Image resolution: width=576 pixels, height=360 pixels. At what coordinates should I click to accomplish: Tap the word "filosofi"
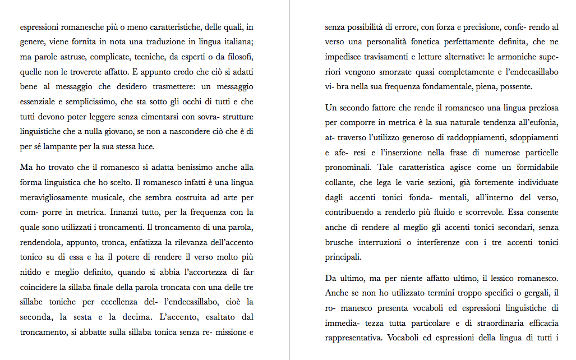pyautogui.click(x=237, y=57)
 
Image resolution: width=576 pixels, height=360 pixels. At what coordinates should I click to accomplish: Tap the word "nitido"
pyautogui.click(x=31, y=273)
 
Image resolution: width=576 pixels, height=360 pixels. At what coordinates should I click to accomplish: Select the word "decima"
pyautogui.click(x=133, y=318)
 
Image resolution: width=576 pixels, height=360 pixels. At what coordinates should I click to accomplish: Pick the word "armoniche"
pyautogui.click(x=517, y=57)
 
